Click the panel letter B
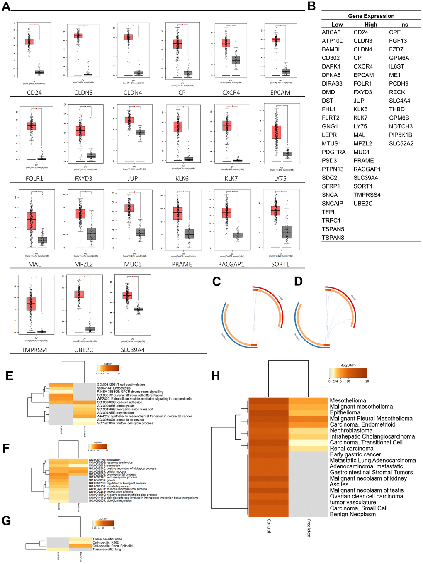(x=311, y=7)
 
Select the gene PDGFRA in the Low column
(x=333, y=152)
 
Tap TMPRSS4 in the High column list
(x=367, y=195)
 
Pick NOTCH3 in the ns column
(x=401, y=126)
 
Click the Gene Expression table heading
(x=371, y=16)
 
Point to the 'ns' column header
(x=405, y=25)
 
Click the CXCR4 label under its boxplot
(x=231, y=93)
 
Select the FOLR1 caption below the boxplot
(x=34, y=179)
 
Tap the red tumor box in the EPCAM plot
(x=276, y=40)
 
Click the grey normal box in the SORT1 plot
(x=287, y=232)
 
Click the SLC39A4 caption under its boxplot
(x=133, y=350)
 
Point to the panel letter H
(x=216, y=376)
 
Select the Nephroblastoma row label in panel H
(x=351, y=431)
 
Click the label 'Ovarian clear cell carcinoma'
(x=366, y=496)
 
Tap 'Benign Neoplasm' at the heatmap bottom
(x=352, y=514)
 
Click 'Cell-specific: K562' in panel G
(x=105, y=542)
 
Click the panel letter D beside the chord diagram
(x=298, y=282)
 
